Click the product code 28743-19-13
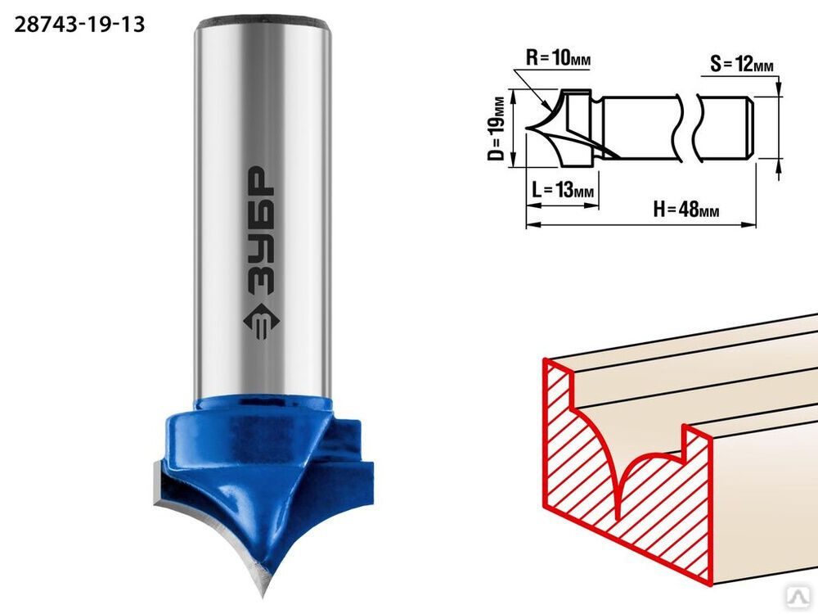pos(79,25)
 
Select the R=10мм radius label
pos(558,57)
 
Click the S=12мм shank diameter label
pos(742,64)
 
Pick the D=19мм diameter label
pos(499,129)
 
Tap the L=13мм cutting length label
pos(563,190)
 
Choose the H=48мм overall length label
pos(686,210)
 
